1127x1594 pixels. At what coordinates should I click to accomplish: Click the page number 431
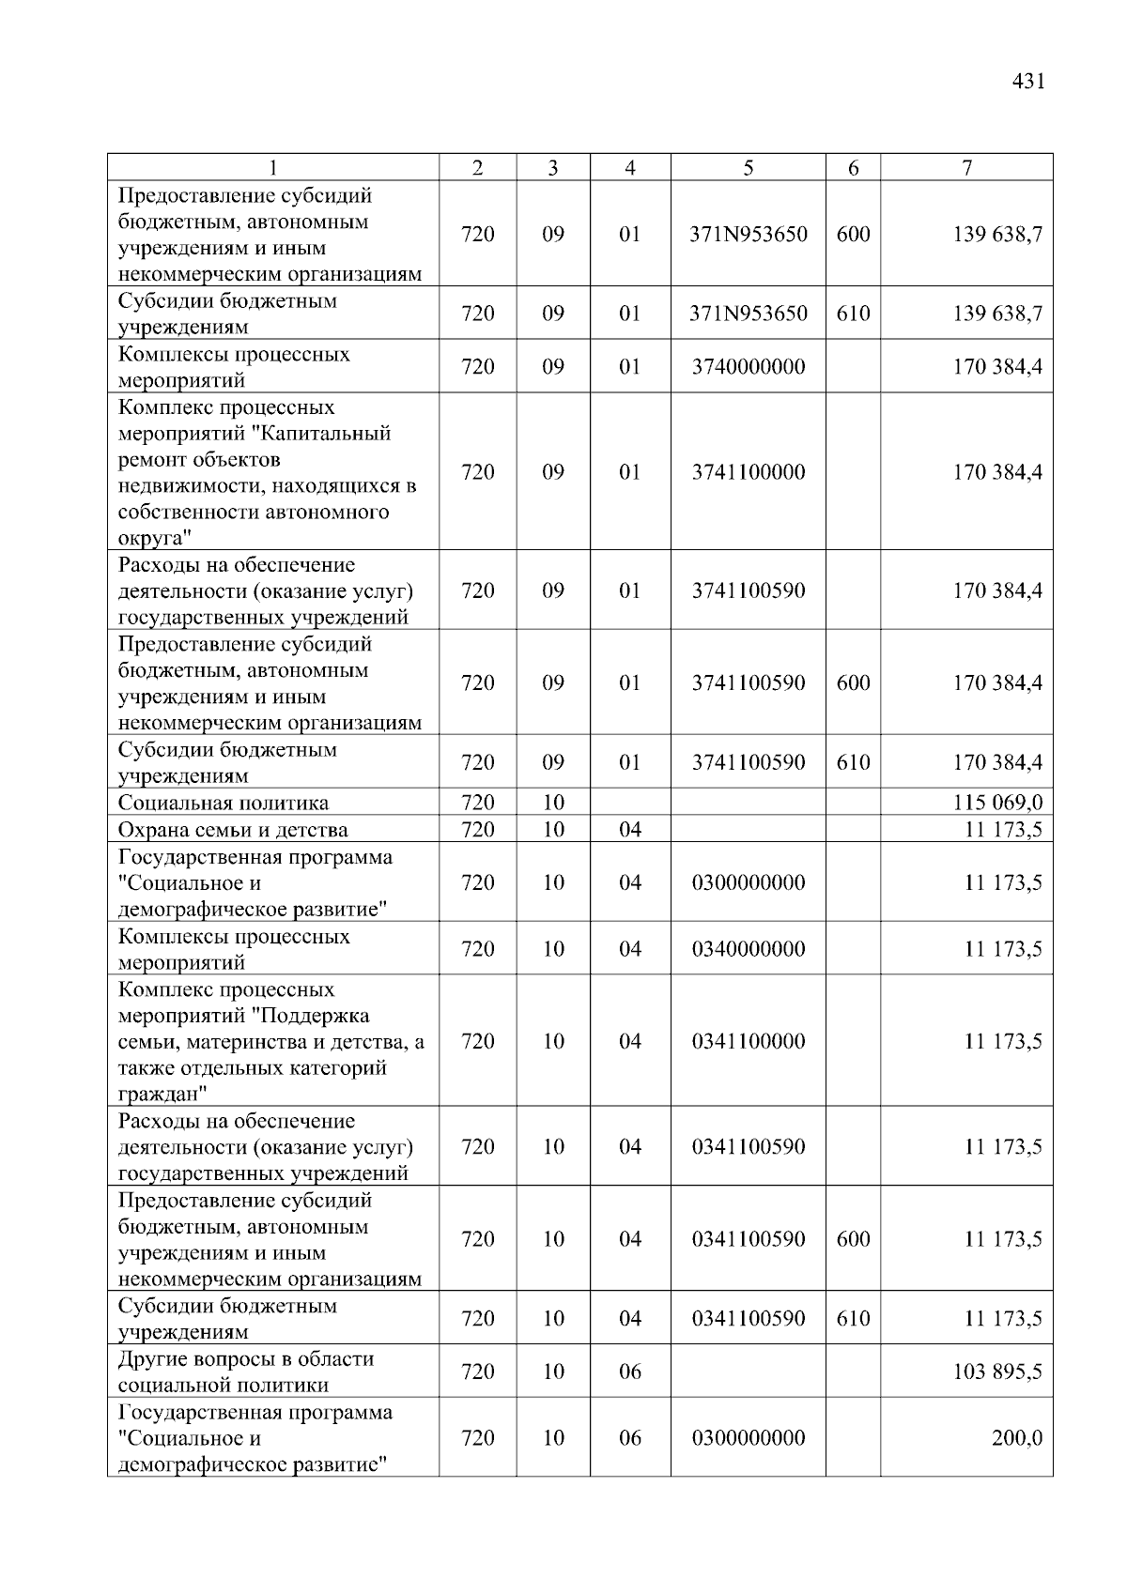1028,82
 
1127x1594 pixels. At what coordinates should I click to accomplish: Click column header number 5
748,168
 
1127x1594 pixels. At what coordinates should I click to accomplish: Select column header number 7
966,168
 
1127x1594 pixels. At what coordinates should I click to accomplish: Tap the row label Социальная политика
224,803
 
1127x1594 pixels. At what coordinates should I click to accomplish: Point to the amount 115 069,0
997,803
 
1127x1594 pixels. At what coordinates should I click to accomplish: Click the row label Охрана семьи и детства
233,830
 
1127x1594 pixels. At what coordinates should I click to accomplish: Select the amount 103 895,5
997,1372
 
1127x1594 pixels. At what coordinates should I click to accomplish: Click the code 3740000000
749,366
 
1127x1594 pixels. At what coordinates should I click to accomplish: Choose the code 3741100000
749,472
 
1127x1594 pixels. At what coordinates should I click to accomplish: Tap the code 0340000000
749,949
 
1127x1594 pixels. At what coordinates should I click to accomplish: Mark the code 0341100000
749,1041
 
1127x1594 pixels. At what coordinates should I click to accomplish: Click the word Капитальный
326,434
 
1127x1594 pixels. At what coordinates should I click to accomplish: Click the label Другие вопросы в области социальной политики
246,1372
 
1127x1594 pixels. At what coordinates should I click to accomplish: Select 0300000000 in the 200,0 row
749,1438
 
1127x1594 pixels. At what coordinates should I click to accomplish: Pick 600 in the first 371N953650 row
853,234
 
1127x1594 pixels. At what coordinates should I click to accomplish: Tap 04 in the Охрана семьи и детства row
630,830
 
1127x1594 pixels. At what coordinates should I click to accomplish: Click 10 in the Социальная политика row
553,803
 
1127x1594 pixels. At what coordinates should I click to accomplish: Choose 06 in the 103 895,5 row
630,1372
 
